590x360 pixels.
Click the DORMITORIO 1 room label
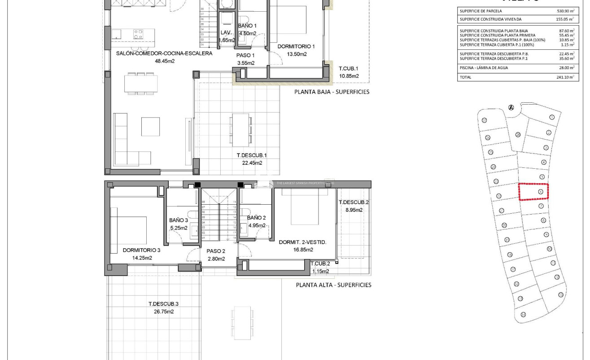tap(296, 46)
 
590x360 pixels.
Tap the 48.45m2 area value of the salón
tap(164, 61)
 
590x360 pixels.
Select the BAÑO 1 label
tap(247, 26)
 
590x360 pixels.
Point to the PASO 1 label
tap(245, 55)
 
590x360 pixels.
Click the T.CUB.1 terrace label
tap(348, 69)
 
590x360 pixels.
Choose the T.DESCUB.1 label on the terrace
tap(252, 156)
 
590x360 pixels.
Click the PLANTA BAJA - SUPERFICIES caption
tap(332, 92)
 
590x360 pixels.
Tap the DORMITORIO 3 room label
tap(141, 250)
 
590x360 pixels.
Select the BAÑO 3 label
tap(179, 220)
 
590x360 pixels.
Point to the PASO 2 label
tap(216, 251)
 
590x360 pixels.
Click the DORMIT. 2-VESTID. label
tap(302, 242)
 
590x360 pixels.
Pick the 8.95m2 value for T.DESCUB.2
tap(354, 210)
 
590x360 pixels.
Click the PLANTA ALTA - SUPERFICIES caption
tap(333, 285)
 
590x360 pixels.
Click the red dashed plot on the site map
tap(533, 192)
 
